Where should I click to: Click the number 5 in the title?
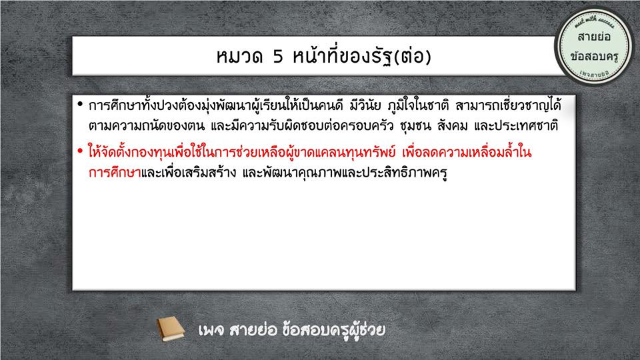click(278, 56)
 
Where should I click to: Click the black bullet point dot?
click(80, 104)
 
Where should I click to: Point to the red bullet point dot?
click(80, 151)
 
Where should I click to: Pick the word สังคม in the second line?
click(452, 125)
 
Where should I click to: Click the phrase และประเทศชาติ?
click(516, 125)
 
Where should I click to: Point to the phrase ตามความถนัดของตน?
click(147, 125)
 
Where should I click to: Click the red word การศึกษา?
click(115, 173)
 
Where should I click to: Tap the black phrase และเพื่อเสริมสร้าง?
click(189, 173)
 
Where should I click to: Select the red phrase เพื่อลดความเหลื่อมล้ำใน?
click(467, 152)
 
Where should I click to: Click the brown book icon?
click(171, 329)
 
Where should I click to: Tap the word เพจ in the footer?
click(211, 330)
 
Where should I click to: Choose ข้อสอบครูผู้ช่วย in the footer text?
click(333, 330)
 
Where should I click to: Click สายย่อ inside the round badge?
click(594, 37)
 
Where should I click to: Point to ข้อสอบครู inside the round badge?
click(594, 56)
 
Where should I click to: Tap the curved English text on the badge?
click(594, 21)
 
